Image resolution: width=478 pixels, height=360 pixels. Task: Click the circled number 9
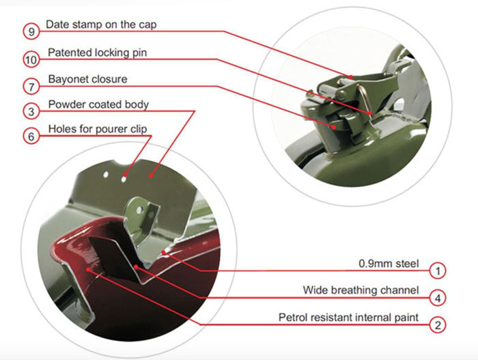31,31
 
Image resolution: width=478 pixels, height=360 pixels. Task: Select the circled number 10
31,59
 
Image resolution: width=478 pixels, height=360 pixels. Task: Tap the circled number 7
31,87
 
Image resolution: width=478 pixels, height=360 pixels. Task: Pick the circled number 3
31,111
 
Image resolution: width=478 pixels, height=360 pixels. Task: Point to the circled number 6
31,137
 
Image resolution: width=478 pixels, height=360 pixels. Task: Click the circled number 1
438,271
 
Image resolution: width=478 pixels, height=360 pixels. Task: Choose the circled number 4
438,298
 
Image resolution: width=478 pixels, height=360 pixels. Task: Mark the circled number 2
438,325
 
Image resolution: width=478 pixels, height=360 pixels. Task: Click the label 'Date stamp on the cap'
101,25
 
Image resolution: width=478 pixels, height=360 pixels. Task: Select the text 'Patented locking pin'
97,53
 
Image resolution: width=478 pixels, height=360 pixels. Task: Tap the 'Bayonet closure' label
88,79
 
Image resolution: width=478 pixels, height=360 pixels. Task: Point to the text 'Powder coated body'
98,105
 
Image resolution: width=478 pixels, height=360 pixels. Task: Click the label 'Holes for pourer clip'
98,129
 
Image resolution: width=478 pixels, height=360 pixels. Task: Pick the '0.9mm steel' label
389,264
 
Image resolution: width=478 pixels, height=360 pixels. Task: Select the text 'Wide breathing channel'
361,290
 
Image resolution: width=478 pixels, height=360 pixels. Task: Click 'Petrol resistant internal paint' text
348,317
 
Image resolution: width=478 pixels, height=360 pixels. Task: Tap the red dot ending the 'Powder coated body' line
151,176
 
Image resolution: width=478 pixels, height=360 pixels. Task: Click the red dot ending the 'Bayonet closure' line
335,127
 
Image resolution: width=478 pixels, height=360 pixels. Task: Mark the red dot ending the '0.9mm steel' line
164,252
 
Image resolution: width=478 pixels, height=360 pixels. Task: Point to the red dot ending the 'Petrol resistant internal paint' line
88,269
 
